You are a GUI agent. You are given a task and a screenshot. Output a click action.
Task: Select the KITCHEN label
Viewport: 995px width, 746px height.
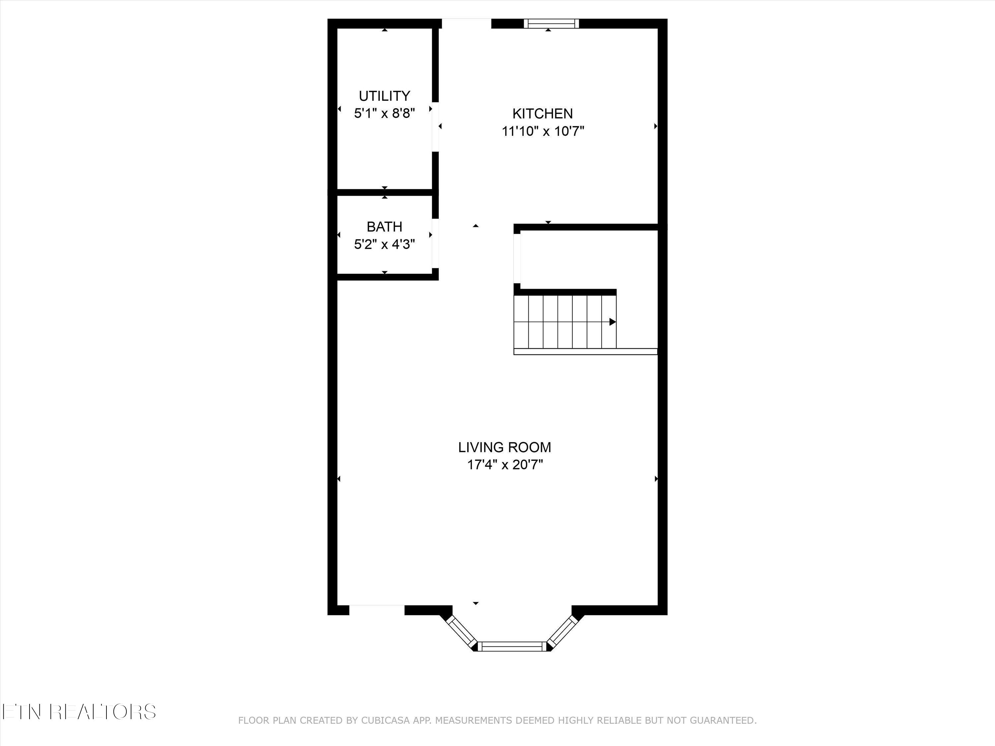pyautogui.click(x=543, y=113)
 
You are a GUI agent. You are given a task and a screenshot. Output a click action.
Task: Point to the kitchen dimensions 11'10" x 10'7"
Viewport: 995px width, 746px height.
pyautogui.click(x=543, y=131)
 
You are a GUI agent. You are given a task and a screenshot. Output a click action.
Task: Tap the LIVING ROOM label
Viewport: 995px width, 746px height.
pyautogui.click(x=504, y=447)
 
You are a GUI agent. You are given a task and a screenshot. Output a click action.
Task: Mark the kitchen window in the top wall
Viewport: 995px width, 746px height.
pyautogui.click(x=552, y=24)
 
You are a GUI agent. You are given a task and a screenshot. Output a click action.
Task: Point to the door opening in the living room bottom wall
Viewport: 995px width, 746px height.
pyautogui.click(x=377, y=610)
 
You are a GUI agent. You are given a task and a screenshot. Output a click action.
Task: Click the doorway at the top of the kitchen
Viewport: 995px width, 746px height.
pyautogui.click(x=466, y=24)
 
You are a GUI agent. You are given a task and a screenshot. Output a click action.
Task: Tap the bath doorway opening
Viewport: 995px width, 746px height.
pyautogui.click(x=435, y=243)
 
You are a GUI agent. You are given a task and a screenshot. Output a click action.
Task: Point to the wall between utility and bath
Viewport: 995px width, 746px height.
pyautogui.click(x=385, y=192)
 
